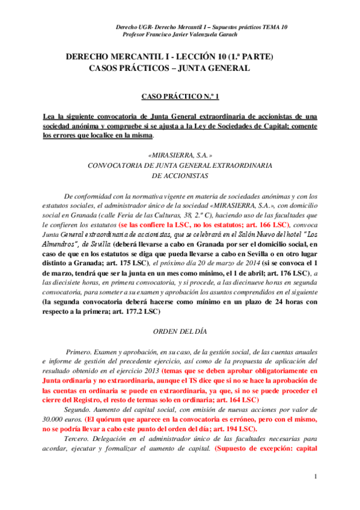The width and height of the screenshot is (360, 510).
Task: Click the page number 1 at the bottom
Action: coord(315,477)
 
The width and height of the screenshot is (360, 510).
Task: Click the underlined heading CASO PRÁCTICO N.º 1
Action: coord(180,96)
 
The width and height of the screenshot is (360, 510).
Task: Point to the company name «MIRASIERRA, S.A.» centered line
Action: coord(180,155)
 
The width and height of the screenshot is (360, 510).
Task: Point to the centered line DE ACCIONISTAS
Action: coord(180,176)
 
